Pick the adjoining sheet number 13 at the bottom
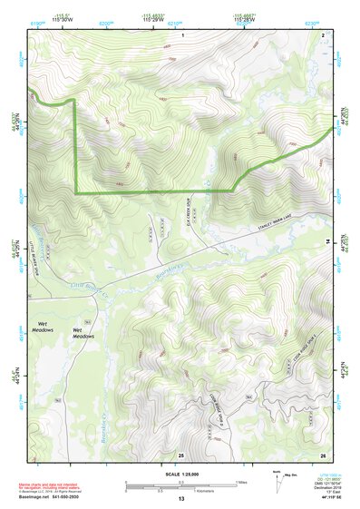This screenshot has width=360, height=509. tap(181, 499)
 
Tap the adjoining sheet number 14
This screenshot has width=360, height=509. tap(327, 241)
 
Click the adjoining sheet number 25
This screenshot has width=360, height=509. tap(181, 454)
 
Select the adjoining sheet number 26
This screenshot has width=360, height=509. tap(323, 454)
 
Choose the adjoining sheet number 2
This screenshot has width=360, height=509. tap(323, 34)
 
